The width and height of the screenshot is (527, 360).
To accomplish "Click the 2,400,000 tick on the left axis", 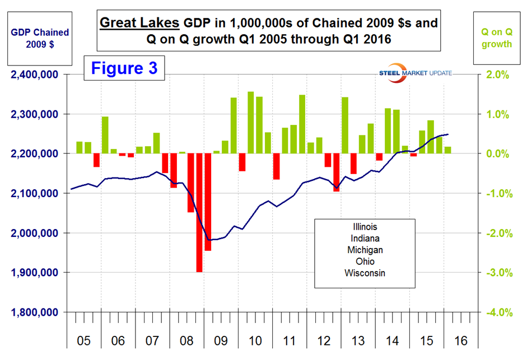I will click(34, 74).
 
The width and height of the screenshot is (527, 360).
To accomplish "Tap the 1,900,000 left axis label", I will click(34, 273).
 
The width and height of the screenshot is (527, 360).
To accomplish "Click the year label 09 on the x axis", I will click(221, 340).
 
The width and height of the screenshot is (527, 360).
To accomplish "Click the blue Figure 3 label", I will click(124, 68).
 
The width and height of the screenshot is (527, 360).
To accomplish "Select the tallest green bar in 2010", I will click(250, 123).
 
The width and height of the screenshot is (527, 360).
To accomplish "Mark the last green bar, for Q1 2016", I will click(447, 150).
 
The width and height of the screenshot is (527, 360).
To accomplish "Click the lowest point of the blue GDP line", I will click(209, 240).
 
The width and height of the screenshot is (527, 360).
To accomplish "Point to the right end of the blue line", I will click(447, 134).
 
